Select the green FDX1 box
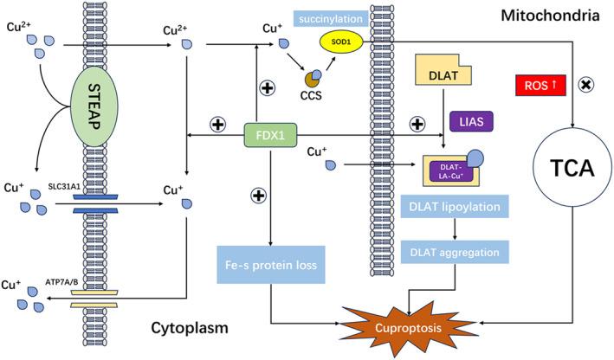(x=272, y=136)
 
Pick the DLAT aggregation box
(x=454, y=253)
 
